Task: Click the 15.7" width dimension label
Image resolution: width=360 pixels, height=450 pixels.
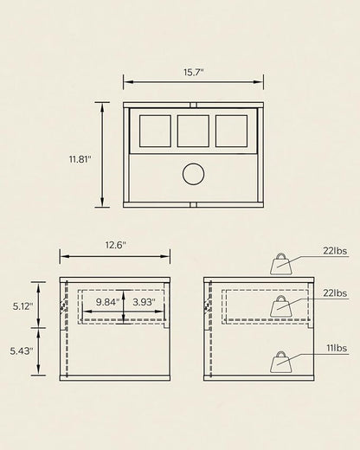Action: (x=194, y=72)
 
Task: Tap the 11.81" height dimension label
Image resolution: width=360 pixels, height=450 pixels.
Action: (x=80, y=159)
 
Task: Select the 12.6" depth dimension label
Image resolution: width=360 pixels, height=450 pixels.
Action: (x=116, y=245)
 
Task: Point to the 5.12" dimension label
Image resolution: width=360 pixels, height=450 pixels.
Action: (x=23, y=306)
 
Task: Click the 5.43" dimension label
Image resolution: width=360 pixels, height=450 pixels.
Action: (x=22, y=351)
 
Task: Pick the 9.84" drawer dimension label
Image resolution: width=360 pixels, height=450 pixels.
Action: (x=107, y=302)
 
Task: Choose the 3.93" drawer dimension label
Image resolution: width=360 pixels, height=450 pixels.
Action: (x=144, y=302)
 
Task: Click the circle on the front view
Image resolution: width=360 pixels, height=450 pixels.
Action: (x=194, y=174)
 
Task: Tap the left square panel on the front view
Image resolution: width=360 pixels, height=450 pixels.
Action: (x=155, y=131)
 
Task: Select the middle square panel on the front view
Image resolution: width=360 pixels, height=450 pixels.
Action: (x=193, y=131)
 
